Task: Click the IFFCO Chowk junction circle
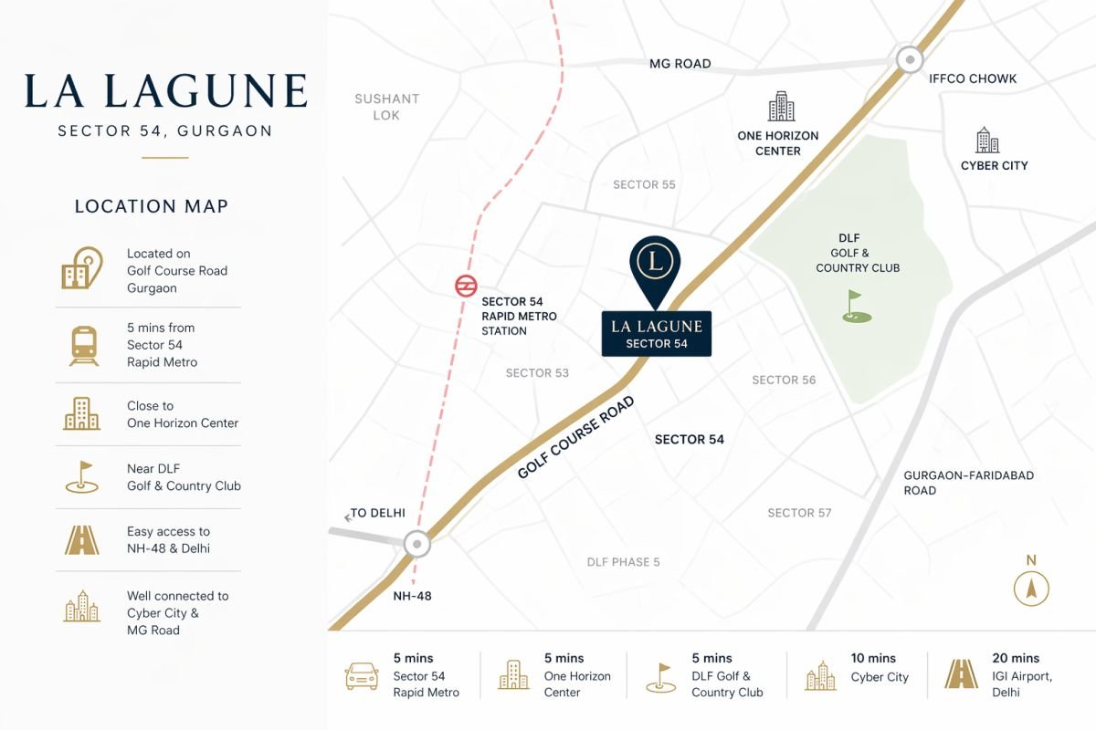pyautogui.click(x=910, y=60)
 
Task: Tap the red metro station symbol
pyautogui.click(x=466, y=287)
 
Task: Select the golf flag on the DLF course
pyautogui.click(x=856, y=307)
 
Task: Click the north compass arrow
pyautogui.click(x=1031, y=588)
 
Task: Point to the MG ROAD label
pyautogui.click(x=680, y=64)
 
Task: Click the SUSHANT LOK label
pyautogui.click(x=386, y=107)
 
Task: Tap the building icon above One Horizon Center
pyautogui.click(x=781, y=107)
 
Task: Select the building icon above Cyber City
pyautogui.click(x=987, y=141)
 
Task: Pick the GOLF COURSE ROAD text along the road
pyautogui.click(x=575, y=438)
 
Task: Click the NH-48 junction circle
pyautogui.click(x=417, y=545)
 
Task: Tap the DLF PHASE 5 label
pyautogui.click(x=623, y=562)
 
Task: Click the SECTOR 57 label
pyautogui.click(x=799, y=513)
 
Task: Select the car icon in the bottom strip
pyautogui.click(x=362, y=676)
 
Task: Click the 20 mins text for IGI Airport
pyautogui.click(x=1016, y=658)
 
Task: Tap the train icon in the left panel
pyautogui.click(x=84, y=345)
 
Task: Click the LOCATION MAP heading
pyautogui.click(x=151, y=207)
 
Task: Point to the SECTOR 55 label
pyautogui.click(x=644, y=184)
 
